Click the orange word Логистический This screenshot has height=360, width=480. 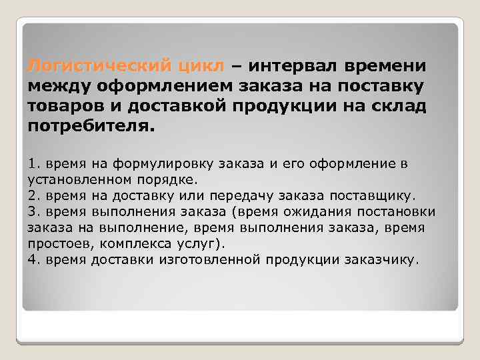98,67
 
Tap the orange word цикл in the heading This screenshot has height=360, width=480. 201,67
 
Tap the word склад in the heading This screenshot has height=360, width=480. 400,107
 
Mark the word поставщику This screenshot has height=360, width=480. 370,196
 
